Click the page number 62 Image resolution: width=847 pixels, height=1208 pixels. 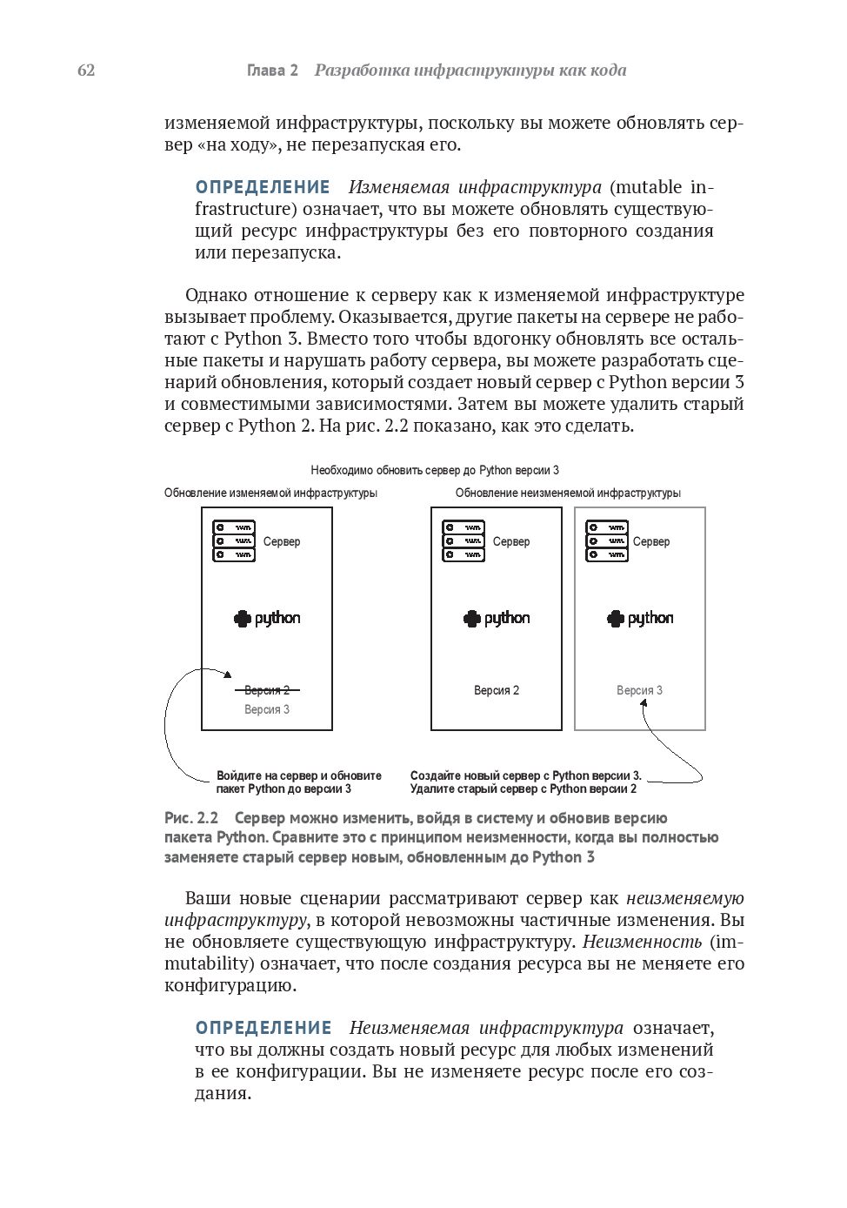click(86, 70)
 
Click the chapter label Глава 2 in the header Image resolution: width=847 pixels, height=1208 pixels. click(272, 70)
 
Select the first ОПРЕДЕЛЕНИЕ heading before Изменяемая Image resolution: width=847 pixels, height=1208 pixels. click(263, 187)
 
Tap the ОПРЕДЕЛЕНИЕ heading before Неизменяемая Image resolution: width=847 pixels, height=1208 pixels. click(263, 1028)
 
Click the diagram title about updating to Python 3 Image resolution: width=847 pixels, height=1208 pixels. click(435, 470)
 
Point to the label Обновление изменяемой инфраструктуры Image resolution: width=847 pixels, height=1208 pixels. click(270, 493)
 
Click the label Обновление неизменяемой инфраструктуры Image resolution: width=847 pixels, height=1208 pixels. click(568, 493)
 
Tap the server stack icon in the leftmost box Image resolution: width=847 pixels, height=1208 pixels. click(234, 541)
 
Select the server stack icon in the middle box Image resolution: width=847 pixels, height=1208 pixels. click(464, 541)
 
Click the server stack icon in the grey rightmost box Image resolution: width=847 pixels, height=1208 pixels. click(607, 541)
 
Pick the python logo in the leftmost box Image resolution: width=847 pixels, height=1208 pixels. click(267, 618)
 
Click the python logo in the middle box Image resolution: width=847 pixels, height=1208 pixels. click(497, 618)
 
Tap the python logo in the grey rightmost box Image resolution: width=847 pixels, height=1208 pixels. click(640, 618)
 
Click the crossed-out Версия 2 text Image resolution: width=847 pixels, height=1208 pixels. click(267, 690)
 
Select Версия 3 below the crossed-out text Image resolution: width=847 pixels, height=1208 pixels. click(267, 709)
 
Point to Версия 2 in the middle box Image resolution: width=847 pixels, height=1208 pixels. click(497, 690)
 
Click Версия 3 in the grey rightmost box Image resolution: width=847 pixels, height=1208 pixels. click(639, 690)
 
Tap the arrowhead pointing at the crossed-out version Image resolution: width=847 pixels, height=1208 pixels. click(228, 674)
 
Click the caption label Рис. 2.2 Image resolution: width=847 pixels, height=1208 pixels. click(191, 818)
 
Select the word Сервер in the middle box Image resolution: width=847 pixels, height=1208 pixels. click(511, 541)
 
